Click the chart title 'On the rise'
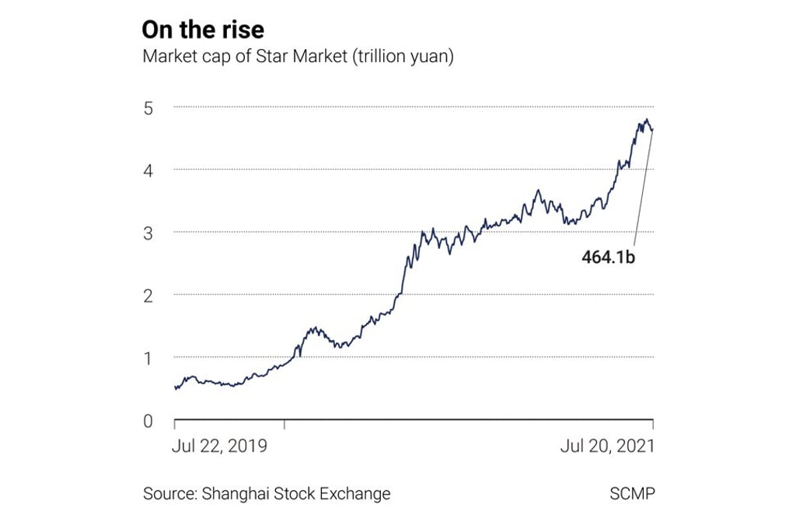point(203,30)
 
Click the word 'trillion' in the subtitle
point(382,58)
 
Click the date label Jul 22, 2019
point(219,446)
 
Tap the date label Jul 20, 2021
point(608,446)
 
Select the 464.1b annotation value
point(609,257)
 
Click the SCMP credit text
point(632,493)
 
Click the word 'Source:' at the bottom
point(169,493)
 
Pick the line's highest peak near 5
point(646,120)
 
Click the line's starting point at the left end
point(176,387)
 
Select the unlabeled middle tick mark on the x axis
point(285,424)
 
